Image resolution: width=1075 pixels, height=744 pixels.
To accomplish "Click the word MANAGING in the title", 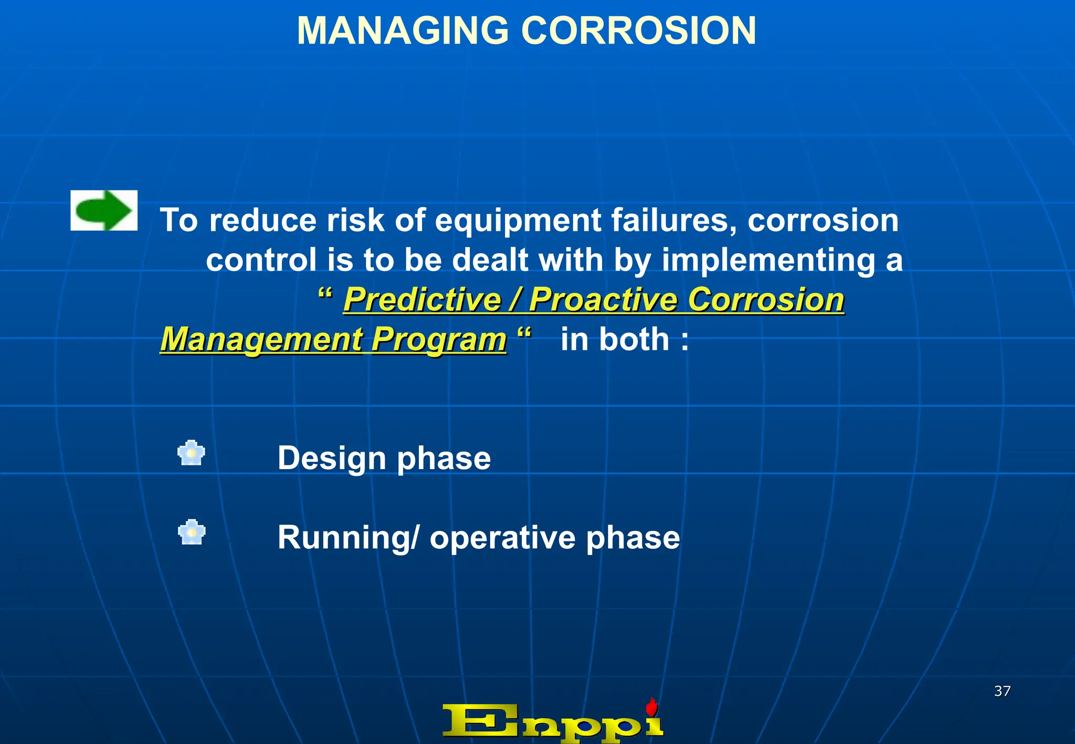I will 403,30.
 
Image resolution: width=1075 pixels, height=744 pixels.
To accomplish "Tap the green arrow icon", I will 104,210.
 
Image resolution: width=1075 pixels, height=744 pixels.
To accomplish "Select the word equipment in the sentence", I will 518,220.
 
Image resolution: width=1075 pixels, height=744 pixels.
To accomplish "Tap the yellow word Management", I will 261,339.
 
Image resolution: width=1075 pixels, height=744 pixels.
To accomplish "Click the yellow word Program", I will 439,341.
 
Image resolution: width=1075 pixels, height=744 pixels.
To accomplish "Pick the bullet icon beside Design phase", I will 191,453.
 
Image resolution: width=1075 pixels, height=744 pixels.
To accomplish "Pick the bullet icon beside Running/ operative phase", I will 191,532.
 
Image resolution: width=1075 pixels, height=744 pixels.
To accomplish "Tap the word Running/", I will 349,538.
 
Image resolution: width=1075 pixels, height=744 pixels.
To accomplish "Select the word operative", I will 502,538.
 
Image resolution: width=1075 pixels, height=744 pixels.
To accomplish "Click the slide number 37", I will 1002,691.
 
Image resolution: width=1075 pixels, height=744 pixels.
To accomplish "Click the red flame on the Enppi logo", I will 651,707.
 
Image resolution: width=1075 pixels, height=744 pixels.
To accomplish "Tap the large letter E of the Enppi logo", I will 480,721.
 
